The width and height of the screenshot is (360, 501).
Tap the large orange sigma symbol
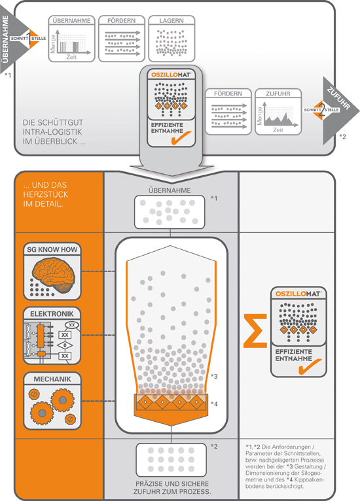255,331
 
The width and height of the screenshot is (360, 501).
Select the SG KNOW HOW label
52,250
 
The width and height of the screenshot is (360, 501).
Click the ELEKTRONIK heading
52,314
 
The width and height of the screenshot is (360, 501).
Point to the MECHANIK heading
52,379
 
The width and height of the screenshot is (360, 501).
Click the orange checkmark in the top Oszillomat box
181,138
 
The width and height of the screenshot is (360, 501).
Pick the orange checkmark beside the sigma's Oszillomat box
310,366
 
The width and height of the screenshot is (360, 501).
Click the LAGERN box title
171,21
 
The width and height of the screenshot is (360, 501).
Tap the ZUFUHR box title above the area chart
278,94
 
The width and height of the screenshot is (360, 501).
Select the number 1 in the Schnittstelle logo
29,39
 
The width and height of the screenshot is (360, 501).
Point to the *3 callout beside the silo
214,376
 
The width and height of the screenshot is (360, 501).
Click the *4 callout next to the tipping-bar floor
214,404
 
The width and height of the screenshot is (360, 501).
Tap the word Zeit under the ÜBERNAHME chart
71,57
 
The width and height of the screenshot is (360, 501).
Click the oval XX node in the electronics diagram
72,325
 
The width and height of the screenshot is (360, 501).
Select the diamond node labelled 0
65,345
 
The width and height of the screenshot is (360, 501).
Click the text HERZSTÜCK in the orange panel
45,194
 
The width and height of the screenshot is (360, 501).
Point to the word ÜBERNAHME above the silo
170,190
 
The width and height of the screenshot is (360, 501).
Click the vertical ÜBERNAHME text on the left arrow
5,39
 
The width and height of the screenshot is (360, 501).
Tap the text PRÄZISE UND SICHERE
172,484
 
